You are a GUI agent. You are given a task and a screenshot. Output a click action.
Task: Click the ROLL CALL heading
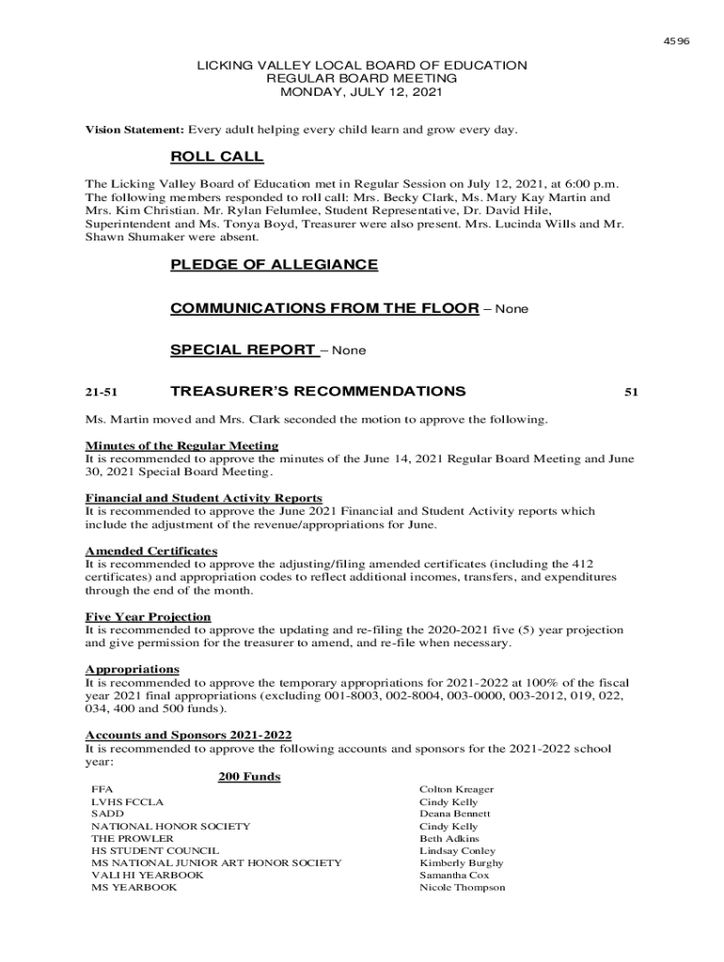216,157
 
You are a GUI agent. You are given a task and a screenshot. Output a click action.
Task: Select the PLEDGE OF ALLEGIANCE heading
274,265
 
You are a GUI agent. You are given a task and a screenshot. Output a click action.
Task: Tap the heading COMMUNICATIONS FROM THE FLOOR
324,308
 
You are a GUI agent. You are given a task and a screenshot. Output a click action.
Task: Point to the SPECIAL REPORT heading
243,350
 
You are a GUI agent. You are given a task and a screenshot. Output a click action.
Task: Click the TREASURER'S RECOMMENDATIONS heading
318,391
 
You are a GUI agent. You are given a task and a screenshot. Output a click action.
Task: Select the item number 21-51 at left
100,392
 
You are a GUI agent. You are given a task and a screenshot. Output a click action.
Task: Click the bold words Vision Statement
135,129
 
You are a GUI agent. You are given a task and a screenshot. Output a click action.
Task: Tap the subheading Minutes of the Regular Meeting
181,445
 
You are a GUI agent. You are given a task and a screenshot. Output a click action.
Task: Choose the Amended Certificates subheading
151,551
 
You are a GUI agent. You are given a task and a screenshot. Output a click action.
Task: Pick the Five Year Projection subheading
148,616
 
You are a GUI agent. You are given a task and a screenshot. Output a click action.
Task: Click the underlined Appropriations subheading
132,669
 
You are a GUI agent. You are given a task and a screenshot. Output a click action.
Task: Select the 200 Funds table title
249,777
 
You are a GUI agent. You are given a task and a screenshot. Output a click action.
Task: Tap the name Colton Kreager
456,790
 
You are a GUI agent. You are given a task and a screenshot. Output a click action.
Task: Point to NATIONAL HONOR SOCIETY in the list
170,827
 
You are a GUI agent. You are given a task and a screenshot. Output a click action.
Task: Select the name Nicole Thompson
462,887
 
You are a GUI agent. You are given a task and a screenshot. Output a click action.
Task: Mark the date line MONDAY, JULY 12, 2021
361,93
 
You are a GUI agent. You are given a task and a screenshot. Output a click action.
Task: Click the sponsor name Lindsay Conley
457,851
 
